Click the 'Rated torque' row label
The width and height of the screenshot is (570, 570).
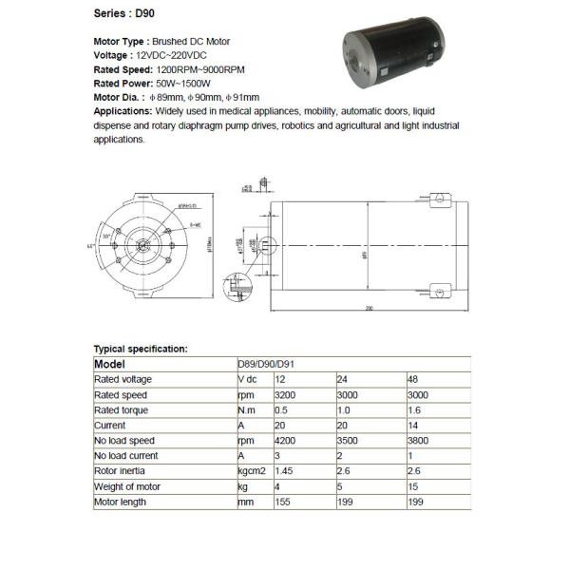[121, 409]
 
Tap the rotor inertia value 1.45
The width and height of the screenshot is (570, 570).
[283, 470]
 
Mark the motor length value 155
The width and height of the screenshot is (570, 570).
[281, 501]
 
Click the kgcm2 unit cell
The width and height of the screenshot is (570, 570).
[251, 470]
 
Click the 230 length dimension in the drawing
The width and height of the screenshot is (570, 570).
[368, 308]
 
